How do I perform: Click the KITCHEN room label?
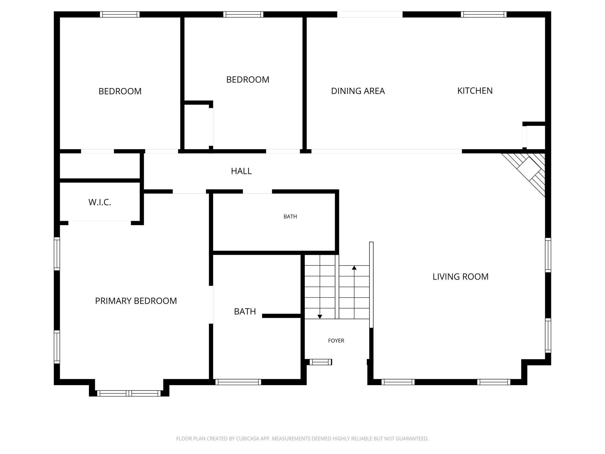[475, 91]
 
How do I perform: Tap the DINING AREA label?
[358, 91]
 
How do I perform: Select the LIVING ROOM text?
[460, 277]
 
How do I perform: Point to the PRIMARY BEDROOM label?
[136, 301]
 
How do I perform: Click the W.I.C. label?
[100, 202]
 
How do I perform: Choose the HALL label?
[241, 171]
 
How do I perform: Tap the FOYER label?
[336, 340]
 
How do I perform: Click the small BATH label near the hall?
[290, 217]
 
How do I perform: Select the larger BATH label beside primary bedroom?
[245, 312]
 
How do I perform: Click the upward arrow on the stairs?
[354, 268]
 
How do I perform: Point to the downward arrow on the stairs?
[320, 317]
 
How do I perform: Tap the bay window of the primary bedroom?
[129, 393]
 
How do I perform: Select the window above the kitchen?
[484, 14]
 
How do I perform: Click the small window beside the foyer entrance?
[321, 362]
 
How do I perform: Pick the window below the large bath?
[238, 382]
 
